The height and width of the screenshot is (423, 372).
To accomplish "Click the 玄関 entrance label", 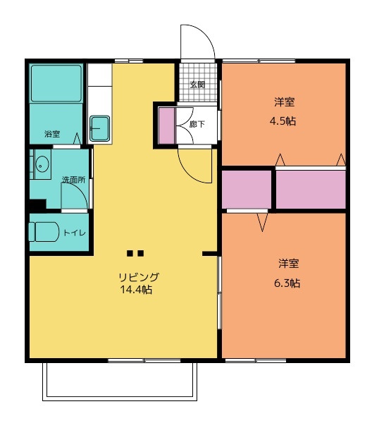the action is tap(197, 85).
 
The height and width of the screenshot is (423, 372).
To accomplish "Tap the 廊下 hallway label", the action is tap(197, 124).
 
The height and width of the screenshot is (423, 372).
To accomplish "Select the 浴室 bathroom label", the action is tap(52, 134).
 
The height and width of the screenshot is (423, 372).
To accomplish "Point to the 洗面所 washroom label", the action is tap(73, 180).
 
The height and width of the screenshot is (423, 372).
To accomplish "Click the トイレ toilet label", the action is tap(75, 233).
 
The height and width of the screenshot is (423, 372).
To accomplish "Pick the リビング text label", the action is tap(139, 277).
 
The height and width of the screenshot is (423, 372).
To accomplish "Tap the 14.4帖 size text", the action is tap(136, 290).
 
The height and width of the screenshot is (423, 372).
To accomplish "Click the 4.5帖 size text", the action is tap(283, 121).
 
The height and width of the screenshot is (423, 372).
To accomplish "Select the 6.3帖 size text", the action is tap(287, 283).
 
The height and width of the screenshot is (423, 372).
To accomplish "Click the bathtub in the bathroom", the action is tap(56, 83).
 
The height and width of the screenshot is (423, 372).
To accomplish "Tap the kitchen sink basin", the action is tap(99, 128).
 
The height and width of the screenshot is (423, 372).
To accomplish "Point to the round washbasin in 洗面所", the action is tap(42, 164).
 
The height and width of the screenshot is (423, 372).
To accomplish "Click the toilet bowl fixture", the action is tap(44, 232).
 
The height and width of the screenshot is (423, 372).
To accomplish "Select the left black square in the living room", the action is tap(130, 253).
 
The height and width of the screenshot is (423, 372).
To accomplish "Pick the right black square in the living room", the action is tap(140, 253).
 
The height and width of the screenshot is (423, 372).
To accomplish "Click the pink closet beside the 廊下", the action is tap(166, 125).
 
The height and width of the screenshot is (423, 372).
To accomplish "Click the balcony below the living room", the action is tap(120, 381).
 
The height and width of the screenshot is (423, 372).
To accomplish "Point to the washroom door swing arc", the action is tap(80, 190).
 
